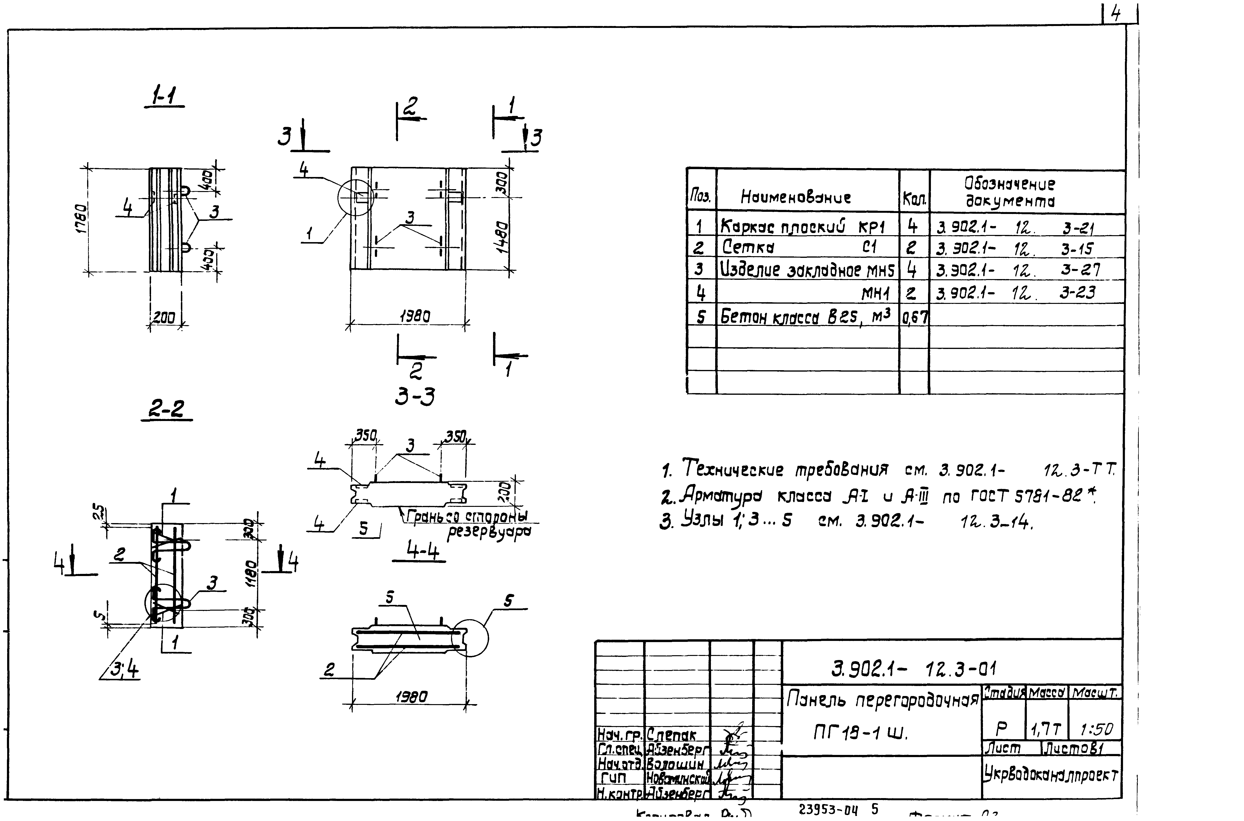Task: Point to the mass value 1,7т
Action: [x=1045, y=729]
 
